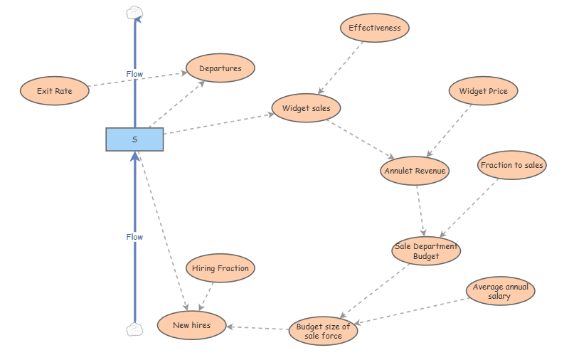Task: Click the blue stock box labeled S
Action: coord(134,139)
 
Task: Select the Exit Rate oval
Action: coord(54,91)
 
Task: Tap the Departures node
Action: coord(220,69)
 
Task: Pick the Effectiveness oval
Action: coord(374,28)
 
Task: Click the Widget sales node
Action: coord(306,109)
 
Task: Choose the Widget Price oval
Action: coord(483,91)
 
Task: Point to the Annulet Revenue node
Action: coord(415,171)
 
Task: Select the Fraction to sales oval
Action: coord(511,165)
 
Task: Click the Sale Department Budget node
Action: coord(426,251)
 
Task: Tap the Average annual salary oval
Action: coord(499,291)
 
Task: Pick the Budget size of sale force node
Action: coord(323,331)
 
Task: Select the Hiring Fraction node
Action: coord(220,268)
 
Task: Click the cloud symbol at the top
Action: coord(134,11)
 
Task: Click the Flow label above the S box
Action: coord(134,74)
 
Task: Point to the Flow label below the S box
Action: coord(134,237)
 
